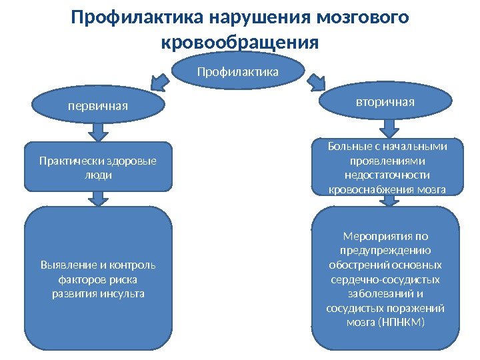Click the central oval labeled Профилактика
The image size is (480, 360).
click(238, 70)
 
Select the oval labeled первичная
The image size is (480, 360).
click(99, 105)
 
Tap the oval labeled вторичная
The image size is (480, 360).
click(385, 102)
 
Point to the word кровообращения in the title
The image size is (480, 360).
click(240, 42)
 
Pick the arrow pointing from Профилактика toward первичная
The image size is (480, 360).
click(159, 83)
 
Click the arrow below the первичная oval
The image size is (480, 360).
click(99, 131)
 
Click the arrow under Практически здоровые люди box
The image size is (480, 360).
click(99, 198)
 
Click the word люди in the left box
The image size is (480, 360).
click(99, 175)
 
